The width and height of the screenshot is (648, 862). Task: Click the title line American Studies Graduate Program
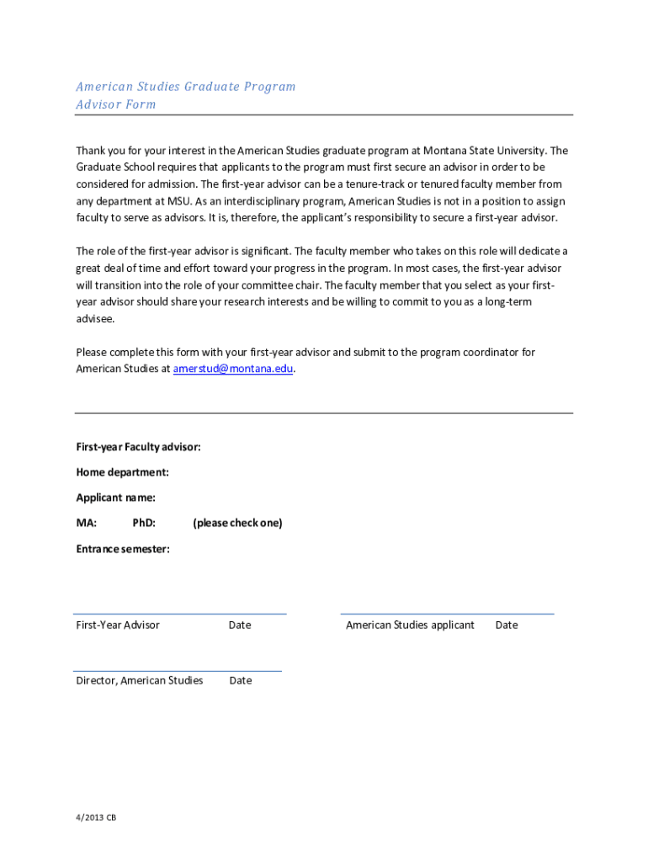186,87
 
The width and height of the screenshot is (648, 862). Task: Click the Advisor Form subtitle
116,104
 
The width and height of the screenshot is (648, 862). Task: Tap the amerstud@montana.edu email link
233,369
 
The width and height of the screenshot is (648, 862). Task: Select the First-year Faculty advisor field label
138,447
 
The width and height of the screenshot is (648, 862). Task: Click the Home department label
122,472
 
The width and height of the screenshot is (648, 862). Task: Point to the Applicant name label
115,498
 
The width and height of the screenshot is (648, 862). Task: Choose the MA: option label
87,523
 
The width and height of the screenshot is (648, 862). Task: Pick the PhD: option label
144,523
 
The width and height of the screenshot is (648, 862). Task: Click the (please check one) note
237,523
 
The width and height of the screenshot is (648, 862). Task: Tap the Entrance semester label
123,549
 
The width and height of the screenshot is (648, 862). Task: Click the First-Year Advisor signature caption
118,625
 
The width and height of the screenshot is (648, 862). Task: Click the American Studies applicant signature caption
410,625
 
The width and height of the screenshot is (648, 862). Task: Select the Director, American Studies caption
140,680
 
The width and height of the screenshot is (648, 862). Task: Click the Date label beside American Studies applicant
507,625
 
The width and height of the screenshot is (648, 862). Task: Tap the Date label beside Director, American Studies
241,680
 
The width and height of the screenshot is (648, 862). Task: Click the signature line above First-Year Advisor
180,614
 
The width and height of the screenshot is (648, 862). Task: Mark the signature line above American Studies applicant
447,614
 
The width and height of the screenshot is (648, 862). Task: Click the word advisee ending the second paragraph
94,319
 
